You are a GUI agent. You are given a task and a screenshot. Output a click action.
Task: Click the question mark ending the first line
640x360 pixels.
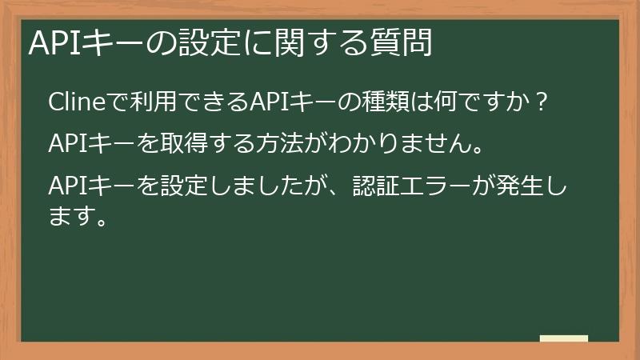pyautogui.click(x=540, y=104)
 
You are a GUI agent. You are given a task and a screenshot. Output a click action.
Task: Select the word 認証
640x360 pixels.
pyautogui.click(x=377, y=188)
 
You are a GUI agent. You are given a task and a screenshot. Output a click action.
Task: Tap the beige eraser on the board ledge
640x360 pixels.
pyautogui.click(x=564, y=338)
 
